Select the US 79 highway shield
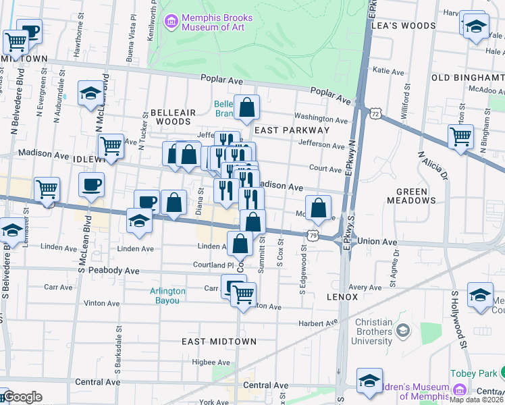(312, 236)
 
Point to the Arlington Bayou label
(167, 296)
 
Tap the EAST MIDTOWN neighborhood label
(219, 342)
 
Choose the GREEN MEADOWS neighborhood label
(412, 196)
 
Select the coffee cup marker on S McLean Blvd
(91, 184)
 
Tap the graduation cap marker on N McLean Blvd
(90, 93)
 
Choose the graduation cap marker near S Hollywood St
(480, 295)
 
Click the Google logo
(22, 398)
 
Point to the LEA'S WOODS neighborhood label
(409, 26)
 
